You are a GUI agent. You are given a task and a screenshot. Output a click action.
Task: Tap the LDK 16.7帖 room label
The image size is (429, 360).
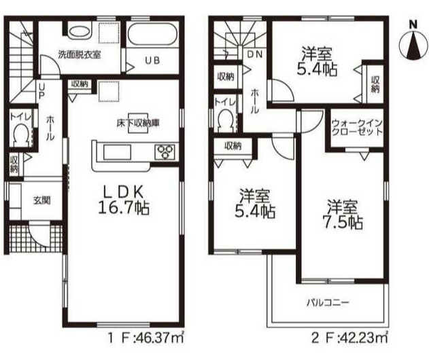tap(124, 200)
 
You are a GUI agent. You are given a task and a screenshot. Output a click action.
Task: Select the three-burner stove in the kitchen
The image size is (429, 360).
tap(165, 151)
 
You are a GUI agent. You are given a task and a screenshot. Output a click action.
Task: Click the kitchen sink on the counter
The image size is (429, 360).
tap(116, 152)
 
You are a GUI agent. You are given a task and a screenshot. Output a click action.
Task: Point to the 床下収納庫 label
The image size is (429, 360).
tap(138, 124)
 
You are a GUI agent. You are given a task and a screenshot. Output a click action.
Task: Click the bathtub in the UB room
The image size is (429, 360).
tap(153, 35)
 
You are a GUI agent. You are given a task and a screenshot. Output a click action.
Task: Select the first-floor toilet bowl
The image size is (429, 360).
tap(20, 134)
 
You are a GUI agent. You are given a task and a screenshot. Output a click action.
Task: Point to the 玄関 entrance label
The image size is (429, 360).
tap(42, 200)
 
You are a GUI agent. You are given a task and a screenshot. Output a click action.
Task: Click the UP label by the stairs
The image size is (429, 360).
tap(41, 91)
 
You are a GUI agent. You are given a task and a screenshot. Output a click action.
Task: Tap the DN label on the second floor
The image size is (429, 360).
tap(254, 54)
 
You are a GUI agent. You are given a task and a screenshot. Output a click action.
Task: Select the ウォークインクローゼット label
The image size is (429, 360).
tap(356, 128)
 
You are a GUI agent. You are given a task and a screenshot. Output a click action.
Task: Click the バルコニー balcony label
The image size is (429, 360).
tap(328, 303)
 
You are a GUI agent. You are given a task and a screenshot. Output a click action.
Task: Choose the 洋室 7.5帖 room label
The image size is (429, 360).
tap(343, 215)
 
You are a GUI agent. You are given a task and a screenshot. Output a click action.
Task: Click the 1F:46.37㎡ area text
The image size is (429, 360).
tap(145, 338)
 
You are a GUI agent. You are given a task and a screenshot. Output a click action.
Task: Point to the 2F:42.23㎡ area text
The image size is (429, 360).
tap(350, 338)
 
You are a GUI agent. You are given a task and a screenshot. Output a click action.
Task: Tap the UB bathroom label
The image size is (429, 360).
tap(152, 60)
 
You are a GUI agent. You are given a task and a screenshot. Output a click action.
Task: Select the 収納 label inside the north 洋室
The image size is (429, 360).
tap(375, 84)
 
